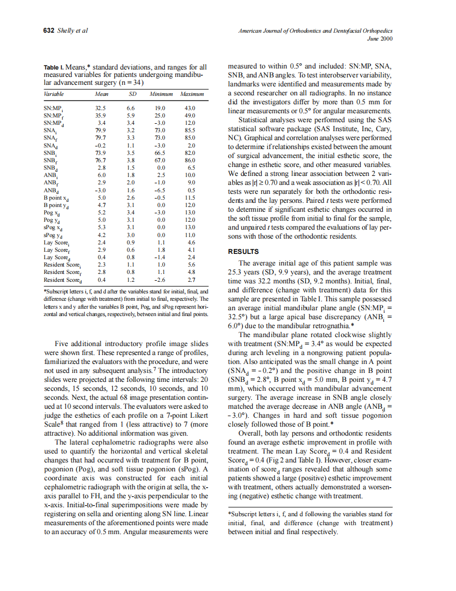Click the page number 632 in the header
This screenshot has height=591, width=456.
[48, 31]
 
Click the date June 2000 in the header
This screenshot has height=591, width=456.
[380, 38]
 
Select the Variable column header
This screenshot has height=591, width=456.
[53, 94]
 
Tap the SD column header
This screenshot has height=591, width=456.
[132, 94]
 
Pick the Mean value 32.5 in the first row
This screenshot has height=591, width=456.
[101, 108]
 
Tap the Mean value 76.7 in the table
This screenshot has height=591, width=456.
[101, 160]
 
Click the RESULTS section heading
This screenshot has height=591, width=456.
[243, 252]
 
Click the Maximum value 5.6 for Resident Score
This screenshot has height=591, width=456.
[191, 264]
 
